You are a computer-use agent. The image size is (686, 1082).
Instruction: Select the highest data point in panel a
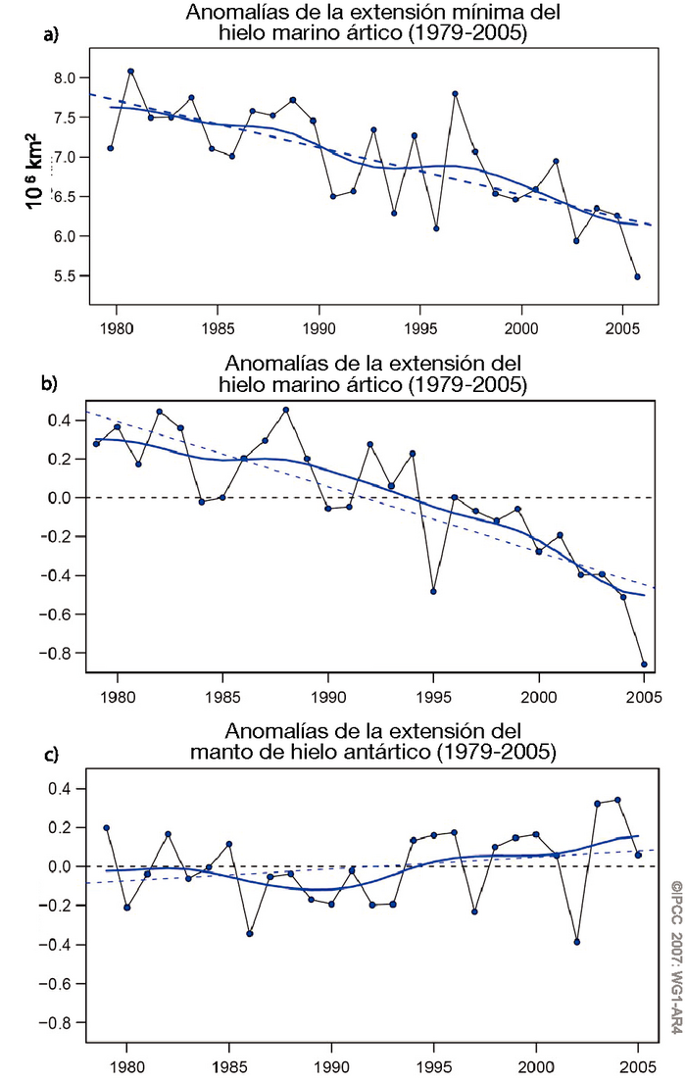(x=130, y=71)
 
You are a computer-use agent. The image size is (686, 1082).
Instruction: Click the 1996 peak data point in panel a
(x=455, y=94)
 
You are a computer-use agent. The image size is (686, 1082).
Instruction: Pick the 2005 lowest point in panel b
(x=644, y=664)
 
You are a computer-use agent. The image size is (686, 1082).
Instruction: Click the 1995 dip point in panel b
(x=433, y=591)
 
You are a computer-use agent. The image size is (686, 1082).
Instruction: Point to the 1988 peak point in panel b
(x=285, y=410)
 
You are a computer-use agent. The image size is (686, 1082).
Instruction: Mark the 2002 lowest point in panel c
(x=577, y=942)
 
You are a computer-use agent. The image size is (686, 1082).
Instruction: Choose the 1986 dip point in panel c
(x=250, y=933)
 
